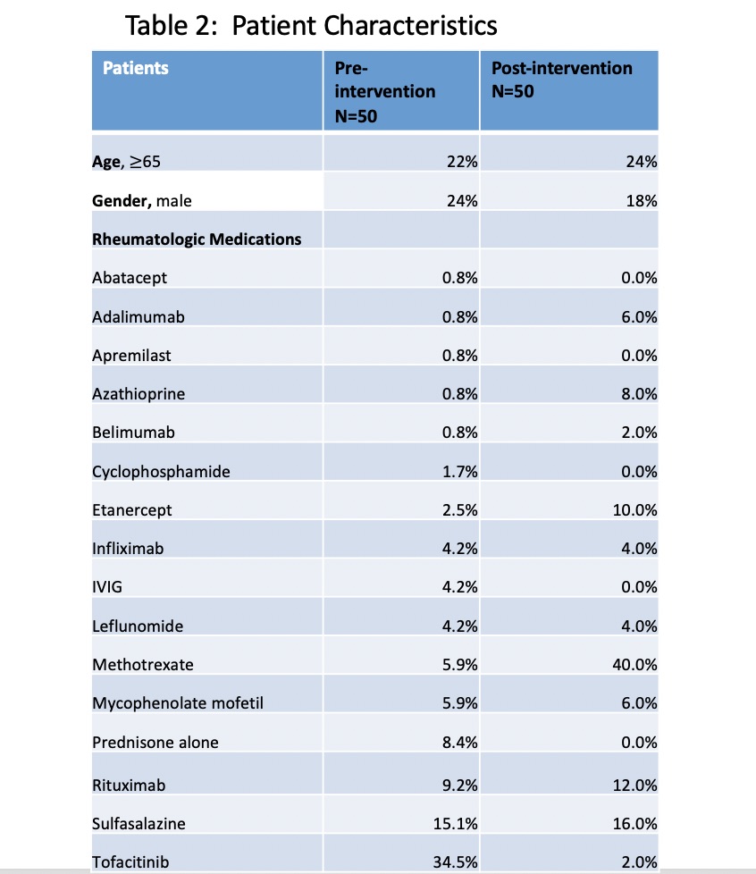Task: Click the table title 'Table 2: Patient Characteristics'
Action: pyautogui.click(x=312, y=25)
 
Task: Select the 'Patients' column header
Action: pyautogui.click(x=136, y=68)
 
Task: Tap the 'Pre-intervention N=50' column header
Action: pyautogui.click(x=385, y=91)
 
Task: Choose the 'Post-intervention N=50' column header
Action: pyautogui.click(x=562, y=80)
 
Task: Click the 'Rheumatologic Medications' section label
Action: pyautogui.click(x=197, y=240)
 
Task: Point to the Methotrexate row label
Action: pyautogui.click(x=143, y=665)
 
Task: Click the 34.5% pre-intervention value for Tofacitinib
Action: pyautogui.click(x=456, y=862)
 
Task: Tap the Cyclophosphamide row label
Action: pyautogui.click(x=161, y=472)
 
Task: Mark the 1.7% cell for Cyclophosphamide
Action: pyautogui.click(x=460, y=472)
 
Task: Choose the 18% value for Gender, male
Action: pyautogui.click(x=643, y=201)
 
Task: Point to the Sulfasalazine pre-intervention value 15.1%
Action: pyautogui.click(x=456, y=824)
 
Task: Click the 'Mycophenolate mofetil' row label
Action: pyautogui.click(x=178, y=703)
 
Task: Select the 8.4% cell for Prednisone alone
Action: pyautogui.click(x=460, y=743)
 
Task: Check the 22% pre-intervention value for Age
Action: pyautogui.click(x=462, y=163)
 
